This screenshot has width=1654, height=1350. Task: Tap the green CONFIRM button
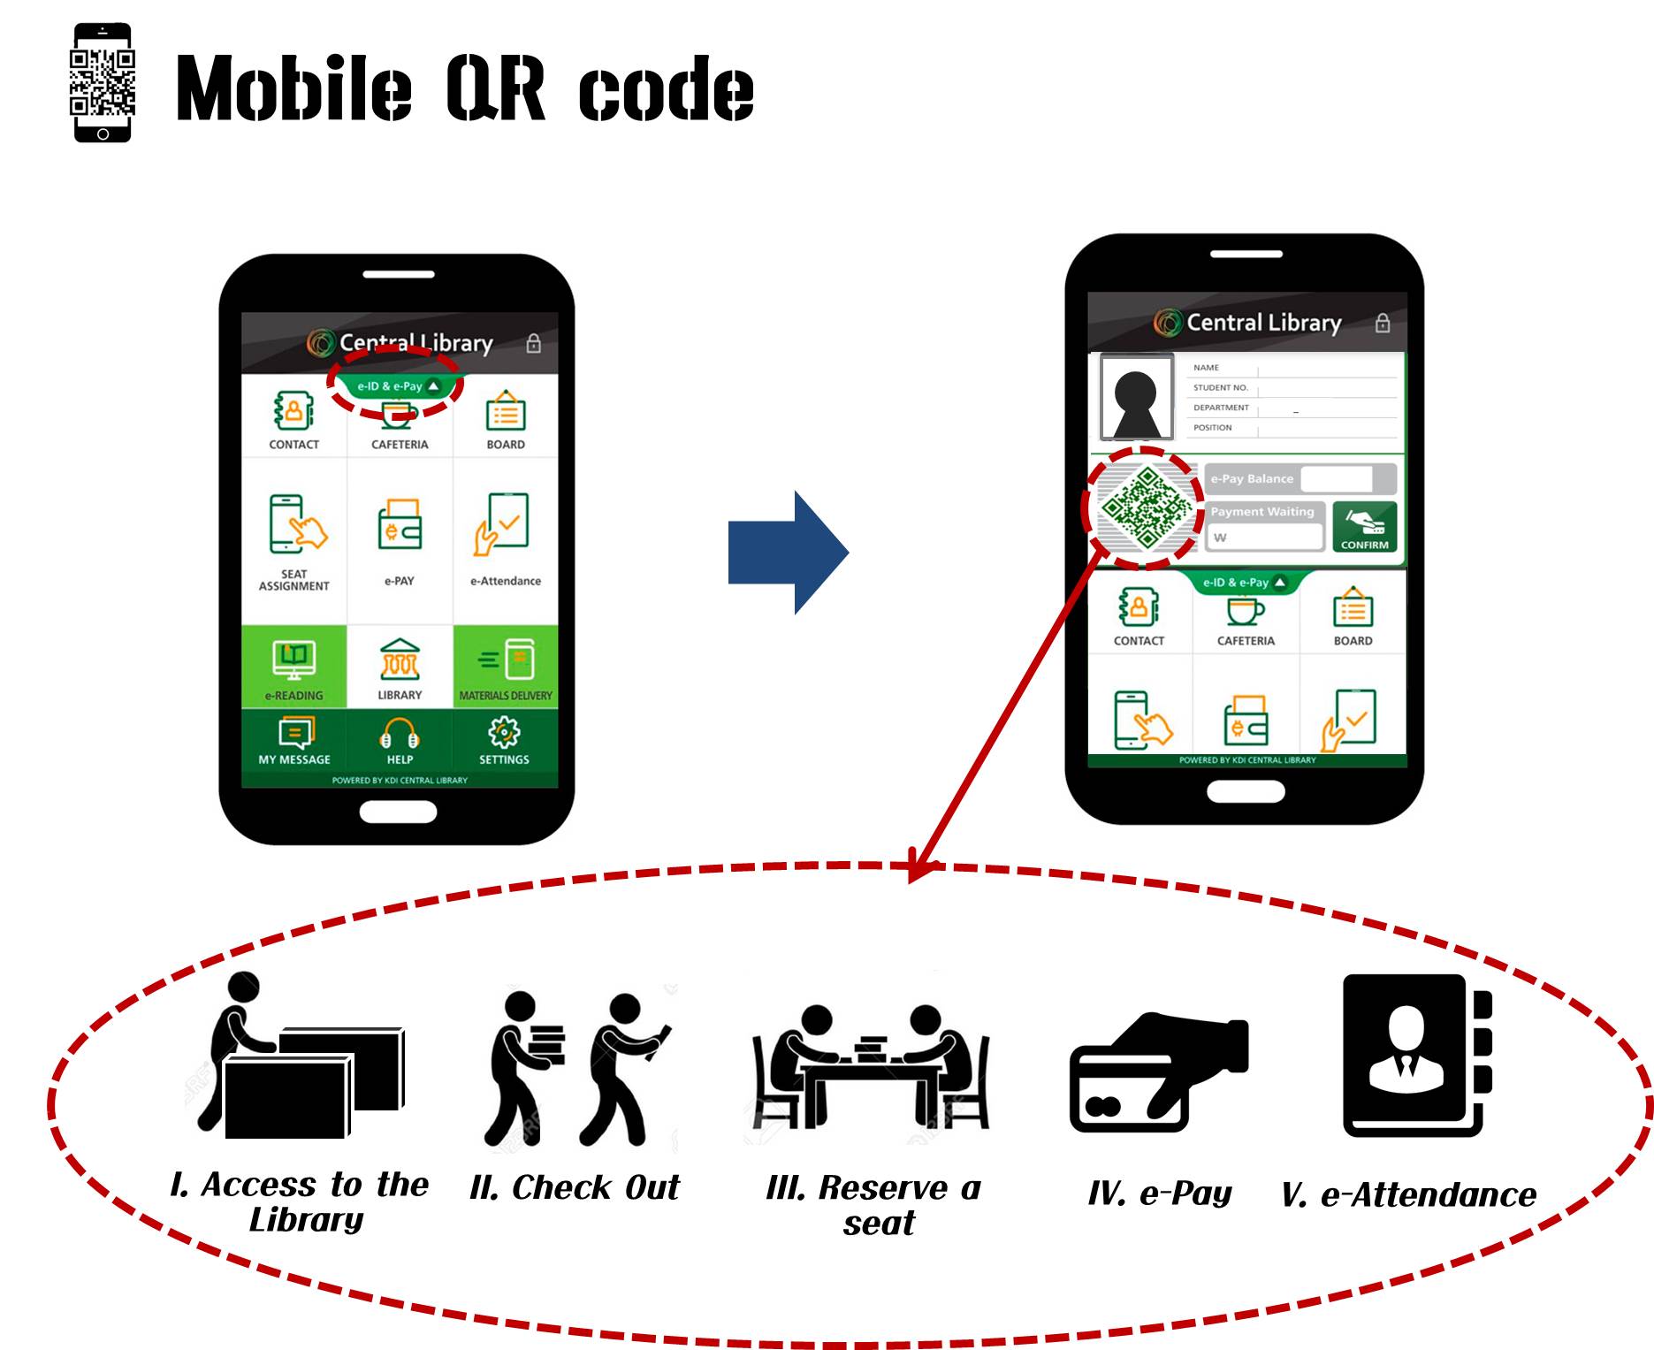(x=1364, y=527)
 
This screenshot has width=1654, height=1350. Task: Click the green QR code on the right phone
(x=1144, y=507)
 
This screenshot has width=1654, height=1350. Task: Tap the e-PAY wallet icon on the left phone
(x=400, y=526)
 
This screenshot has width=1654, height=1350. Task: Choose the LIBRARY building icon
(x=400, y=660)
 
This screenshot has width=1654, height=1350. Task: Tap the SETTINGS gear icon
(x=504, y=733)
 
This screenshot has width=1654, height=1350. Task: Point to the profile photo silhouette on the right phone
(x=1136, y=399)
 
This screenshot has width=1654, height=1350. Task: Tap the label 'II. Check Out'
(x=575, y=1187)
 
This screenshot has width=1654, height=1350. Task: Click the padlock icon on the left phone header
(x=533, y=343)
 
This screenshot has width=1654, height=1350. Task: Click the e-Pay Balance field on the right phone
(x=1337, y=478)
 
